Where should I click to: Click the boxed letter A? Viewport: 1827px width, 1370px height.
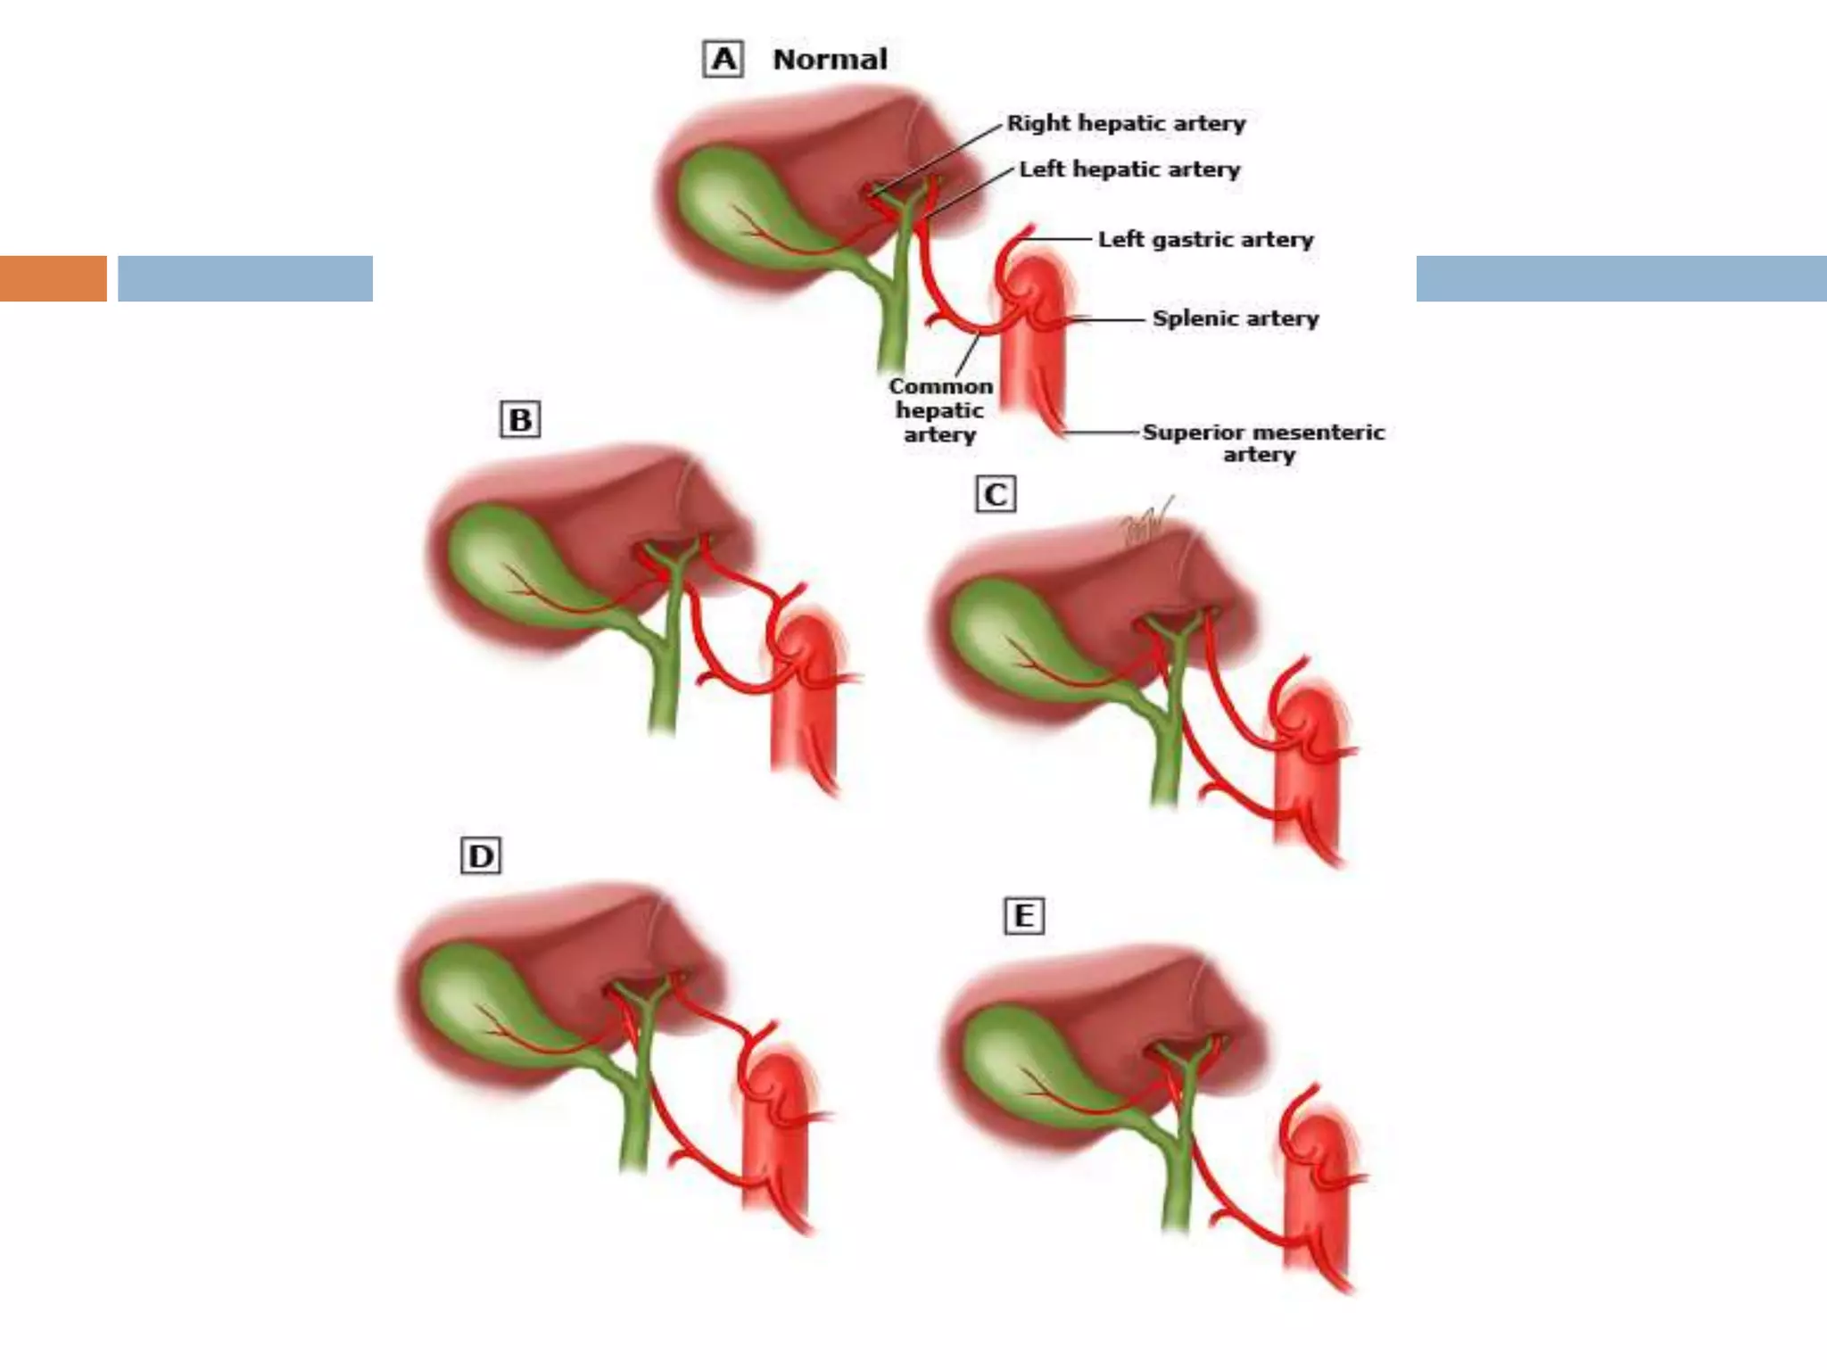723,60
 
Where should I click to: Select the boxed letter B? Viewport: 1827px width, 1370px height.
520,419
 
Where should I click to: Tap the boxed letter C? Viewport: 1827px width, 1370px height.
996,495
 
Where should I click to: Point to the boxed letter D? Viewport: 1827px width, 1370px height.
481,856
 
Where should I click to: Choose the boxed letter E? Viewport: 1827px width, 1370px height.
1024,916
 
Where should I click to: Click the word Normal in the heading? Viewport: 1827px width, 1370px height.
830,60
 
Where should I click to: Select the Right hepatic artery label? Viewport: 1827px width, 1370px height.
1126,123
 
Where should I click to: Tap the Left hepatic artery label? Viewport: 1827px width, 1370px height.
1129,169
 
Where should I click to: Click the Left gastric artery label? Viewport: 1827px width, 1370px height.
1205,239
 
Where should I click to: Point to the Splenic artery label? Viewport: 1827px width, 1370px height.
1235,318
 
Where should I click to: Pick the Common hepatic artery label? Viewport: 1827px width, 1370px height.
940,410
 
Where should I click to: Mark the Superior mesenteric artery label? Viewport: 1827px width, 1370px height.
1262,443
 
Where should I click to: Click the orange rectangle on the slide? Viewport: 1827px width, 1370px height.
53,278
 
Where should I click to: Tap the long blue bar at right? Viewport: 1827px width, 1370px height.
1621,278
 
